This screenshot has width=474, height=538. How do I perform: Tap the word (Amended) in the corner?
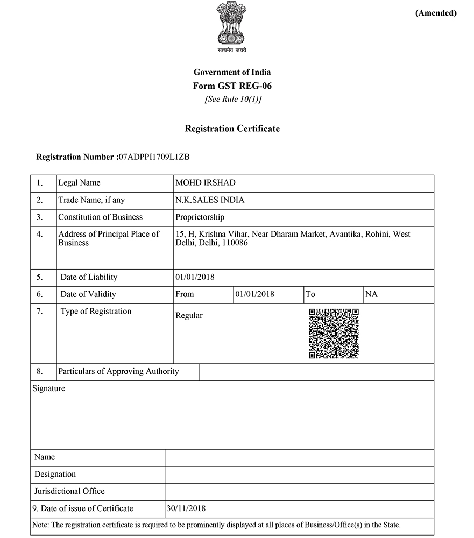click(x=435, y=13)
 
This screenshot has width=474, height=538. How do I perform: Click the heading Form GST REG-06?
click(x=232, y=86)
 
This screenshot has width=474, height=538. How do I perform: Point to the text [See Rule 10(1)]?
click(x=232, y=100)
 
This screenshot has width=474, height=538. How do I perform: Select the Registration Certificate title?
click(x=232, y=129)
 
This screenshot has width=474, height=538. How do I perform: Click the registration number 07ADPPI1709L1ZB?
click(x=154, y=158)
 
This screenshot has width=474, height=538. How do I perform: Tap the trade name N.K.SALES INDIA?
click(x=210, y=200)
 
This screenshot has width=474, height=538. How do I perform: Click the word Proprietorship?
click(x=200, y=217)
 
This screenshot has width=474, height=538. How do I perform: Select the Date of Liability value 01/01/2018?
click(x=195, y=277)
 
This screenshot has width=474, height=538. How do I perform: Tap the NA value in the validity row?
click(x=371, y=294)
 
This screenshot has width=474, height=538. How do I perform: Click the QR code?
click(x=334, y=334)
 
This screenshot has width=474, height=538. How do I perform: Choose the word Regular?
click(x=189, y=316)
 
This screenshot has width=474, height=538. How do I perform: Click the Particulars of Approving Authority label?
click(x=118, y=371)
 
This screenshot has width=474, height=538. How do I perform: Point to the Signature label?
click(x=48, y=388)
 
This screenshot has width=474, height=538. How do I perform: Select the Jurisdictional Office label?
click(x=69, y=491)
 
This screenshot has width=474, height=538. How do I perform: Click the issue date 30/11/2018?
click(x=186, y=508)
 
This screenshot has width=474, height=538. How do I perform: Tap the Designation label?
click(x=55, y=474)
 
